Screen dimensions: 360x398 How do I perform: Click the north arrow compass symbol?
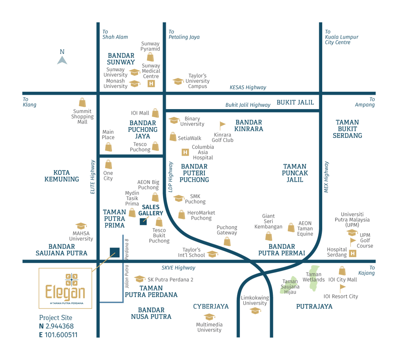click(x=62, y=59)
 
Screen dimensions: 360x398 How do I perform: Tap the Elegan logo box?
click(x=65, y=288)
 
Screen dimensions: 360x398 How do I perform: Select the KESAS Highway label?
click(x=248, y=88)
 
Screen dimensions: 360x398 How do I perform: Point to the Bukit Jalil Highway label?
click(x=248, y=105)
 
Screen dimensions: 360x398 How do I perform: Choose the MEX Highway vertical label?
click(x=326, y=177)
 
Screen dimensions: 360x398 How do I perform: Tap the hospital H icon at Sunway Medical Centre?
click(x=151, y=84)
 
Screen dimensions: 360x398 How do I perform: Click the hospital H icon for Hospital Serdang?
click(x=353, y=254)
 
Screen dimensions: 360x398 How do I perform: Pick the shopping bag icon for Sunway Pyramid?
click(x=150, y=57)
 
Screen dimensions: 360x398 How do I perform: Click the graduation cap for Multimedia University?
click(x=209, y=317)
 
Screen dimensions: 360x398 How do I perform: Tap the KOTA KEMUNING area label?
click(x=61, y=176)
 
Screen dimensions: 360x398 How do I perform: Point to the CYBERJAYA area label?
click(x=211, y=306)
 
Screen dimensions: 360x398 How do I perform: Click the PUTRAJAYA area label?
click(x=314, y=306)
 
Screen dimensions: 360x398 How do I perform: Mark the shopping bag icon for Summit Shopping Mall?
click(x=82, y=102)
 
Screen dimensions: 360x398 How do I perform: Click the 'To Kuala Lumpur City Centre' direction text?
click(x=341, y=37)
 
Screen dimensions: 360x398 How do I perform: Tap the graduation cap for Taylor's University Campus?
click(x=178, y=81)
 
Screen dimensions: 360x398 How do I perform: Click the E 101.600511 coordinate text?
click(x=58, y=335)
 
